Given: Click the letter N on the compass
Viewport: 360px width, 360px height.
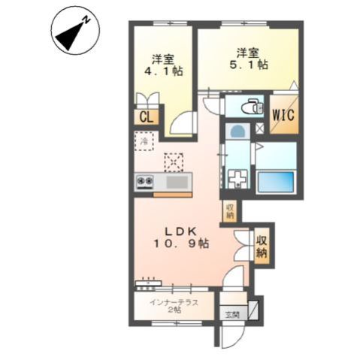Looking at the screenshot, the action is (87, 20).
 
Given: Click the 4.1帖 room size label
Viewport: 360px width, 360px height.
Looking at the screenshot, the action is (163, 71).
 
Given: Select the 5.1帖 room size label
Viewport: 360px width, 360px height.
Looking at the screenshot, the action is (249, 65).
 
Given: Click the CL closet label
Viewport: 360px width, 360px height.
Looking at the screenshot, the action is (147, 117).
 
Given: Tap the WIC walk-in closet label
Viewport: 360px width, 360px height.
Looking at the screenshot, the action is (283, 115).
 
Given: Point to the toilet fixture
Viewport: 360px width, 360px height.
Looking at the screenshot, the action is (252, 107).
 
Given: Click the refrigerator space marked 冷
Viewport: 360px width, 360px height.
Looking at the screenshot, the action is (144, 141).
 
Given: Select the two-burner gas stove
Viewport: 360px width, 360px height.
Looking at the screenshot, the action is (144, 182).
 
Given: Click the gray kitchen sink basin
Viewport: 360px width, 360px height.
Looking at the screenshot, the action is (177, 182).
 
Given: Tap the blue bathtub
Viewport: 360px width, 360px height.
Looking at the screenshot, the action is (276, 181).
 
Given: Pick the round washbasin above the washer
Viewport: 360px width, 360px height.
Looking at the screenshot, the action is (237, 131).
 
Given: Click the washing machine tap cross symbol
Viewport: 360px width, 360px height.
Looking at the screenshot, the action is (237, 179).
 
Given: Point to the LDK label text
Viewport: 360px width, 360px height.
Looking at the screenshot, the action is (180, 231).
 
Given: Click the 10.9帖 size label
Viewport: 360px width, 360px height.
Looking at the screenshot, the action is (181, 243).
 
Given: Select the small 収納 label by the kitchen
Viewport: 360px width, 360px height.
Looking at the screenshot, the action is (229, 210).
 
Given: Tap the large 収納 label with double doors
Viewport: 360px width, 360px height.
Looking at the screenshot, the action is (262, 247).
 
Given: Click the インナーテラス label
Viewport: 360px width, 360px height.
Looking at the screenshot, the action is (174, 303).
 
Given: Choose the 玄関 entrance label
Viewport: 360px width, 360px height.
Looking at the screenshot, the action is (232, 314).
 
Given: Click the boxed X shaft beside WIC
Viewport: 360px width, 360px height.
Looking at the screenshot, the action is (259, 128).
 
